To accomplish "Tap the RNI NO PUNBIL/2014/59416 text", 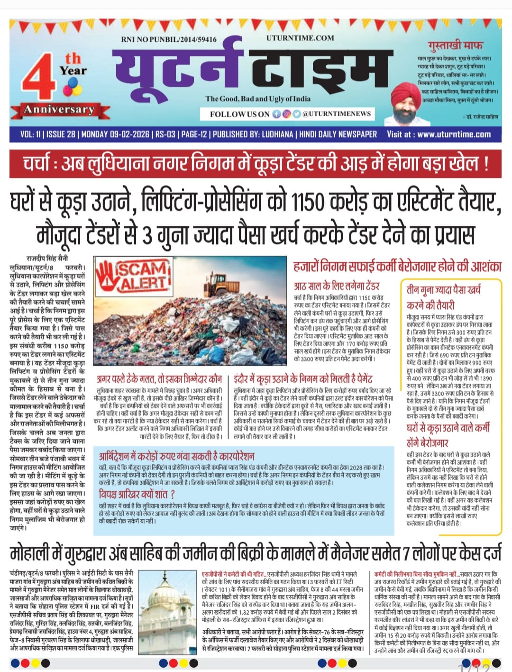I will point(169,39).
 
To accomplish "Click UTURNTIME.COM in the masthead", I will point(300,38).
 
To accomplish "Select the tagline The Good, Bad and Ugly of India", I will point(258,99).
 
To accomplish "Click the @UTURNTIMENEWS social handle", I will point(337,114).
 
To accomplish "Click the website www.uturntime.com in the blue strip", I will point(454,134).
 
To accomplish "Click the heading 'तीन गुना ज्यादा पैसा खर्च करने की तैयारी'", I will point(443,296).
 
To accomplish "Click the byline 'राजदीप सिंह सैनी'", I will point(47,259).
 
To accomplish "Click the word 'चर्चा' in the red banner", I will point(43,164).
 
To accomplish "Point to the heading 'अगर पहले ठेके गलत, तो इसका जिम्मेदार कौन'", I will point(159,379).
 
